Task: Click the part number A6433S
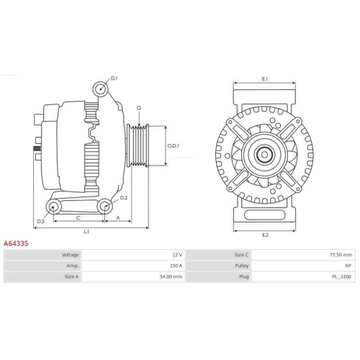[16, 244]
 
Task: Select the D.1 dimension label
[114, 78]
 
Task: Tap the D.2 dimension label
[123, 197]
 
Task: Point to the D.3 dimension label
[41, 221]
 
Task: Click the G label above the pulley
[138, 108]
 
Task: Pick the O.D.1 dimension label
[174, 145]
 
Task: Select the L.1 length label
[86, 231]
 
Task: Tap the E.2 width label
[265, 235]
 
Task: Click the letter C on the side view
[77, 216]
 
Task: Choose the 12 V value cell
[177, 255]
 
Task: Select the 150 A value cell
[176, 265]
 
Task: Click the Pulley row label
[241, 265]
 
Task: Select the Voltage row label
[71, 255]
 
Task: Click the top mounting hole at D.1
[102, 89]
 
